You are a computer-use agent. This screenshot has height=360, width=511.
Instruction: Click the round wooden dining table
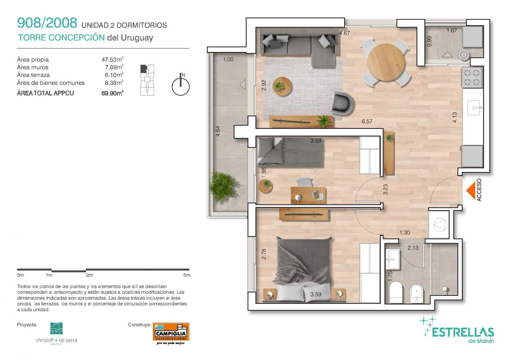click(386, 62)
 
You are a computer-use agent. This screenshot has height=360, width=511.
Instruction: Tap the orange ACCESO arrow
click(471, 190)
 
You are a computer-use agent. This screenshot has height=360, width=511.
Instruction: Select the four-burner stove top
click(472, 77)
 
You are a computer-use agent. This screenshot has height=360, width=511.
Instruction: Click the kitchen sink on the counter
click(474, 108)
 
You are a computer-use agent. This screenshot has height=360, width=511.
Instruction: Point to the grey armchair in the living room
click(342, 104)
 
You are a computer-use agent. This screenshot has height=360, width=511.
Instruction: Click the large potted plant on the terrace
click(222, 186)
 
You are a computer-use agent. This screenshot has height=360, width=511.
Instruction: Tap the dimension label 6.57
click(367, 121)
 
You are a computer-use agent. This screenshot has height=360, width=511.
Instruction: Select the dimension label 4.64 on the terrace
click(218, 131)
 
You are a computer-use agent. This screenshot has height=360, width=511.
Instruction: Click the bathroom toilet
click(396, 292)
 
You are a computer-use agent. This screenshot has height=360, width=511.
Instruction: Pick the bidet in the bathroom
click(416, 294)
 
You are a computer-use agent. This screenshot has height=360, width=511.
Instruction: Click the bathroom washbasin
click(392, 259)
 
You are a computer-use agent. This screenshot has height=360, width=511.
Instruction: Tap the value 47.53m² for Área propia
click(112, 59)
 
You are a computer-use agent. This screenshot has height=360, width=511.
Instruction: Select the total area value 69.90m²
click(112, 93)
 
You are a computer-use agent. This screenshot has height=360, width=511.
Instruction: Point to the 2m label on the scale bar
click(89, 275)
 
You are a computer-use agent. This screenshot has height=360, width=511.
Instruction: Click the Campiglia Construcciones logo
click(171, 333)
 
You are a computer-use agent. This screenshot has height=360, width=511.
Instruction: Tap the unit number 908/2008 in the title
click(47, 23)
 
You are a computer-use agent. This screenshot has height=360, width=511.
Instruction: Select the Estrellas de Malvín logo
click(457, 330)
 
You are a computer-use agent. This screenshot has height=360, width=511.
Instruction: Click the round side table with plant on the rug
click(282, 86)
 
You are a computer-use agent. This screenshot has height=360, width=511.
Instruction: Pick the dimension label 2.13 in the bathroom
click(413, 248)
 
